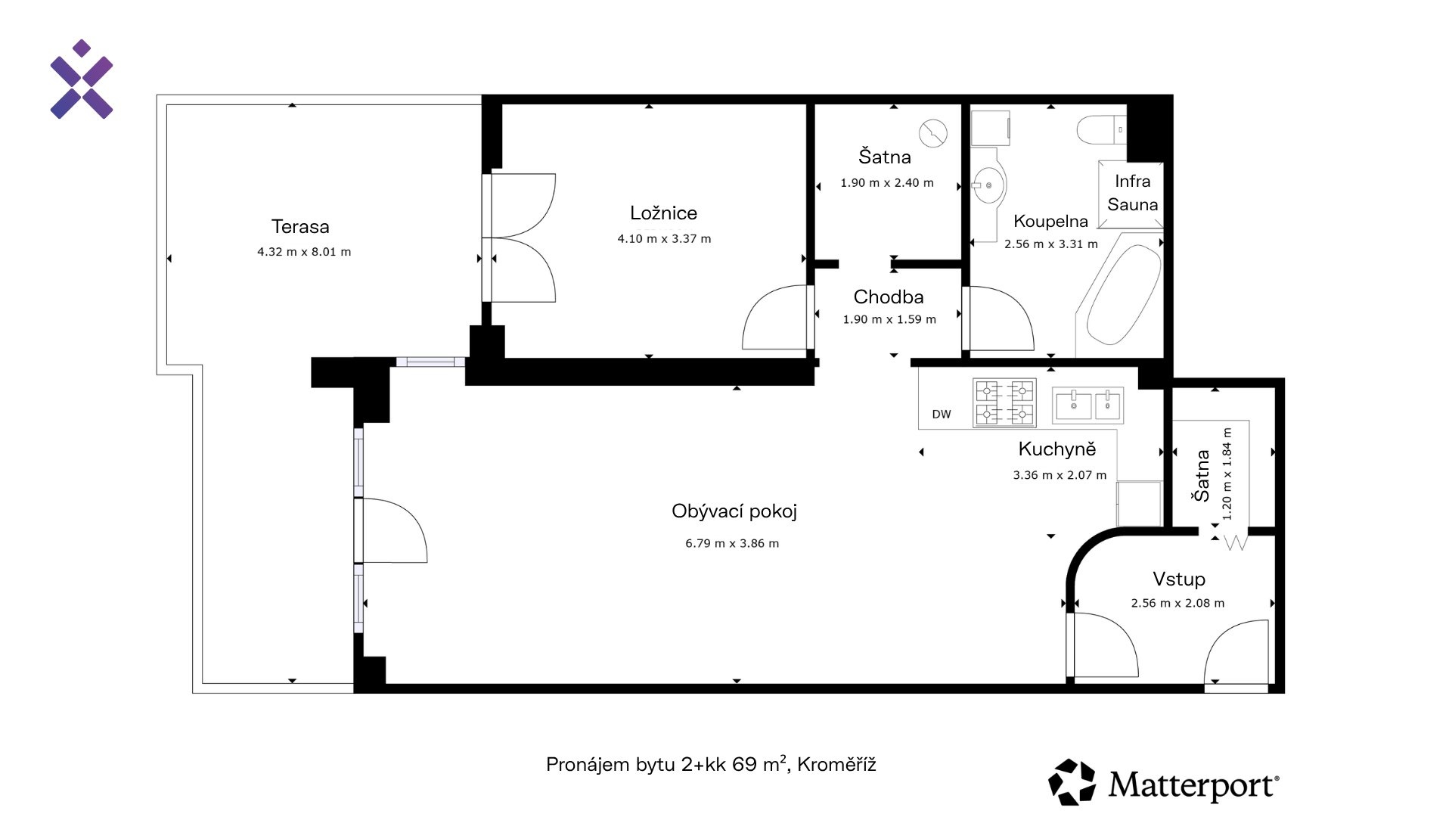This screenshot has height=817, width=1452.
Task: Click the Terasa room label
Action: click(x=300, y=226)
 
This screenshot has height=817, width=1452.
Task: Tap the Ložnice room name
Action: click(x=663, y=213)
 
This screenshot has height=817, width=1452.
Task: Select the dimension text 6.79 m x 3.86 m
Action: click(x=732, y=543)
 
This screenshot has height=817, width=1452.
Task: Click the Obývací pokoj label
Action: click(x=734, y=511)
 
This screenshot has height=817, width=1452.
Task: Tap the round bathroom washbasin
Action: click(x=988, y=185)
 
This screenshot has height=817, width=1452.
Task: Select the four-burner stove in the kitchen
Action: click(x=1004, y=402)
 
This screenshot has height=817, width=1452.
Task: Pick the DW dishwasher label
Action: click(x=942, y=415)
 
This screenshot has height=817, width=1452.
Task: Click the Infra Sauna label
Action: click(x=1132, y=193)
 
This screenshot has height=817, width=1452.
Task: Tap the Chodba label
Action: click(x=889, y=297)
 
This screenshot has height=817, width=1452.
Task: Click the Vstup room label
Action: click(x=1179, y=579)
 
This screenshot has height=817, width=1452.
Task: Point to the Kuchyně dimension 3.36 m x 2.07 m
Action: click(x=1060, y=475)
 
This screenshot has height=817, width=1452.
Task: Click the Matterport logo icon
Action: click(x=1072, y=782)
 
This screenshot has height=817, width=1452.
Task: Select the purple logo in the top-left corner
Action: click(x=82, y=79)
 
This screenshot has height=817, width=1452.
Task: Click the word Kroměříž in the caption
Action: click(x=836, y=765)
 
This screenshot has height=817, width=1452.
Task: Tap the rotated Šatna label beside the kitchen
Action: click(x=1201, y=475)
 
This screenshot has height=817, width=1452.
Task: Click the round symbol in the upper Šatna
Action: click(x=933, y=133)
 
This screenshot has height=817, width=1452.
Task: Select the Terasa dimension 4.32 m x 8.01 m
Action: click(x=304, y=252)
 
